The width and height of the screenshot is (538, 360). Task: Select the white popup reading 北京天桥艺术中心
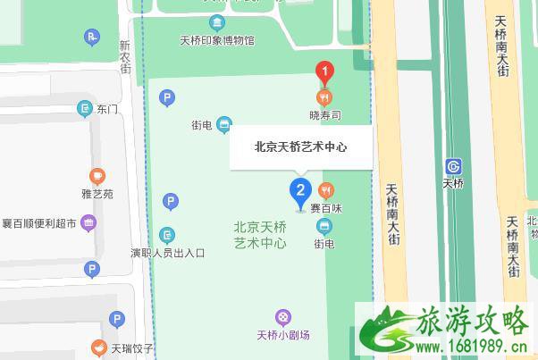click(300, 148)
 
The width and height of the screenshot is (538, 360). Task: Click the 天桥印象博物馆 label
click(217, 40)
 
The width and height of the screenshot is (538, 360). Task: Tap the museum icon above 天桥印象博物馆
click(216, 22)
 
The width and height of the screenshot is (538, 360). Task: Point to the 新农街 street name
click(125, 55)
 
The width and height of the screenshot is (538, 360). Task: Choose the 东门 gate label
click(107, 110)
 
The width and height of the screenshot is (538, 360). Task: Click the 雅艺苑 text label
click(97, 193)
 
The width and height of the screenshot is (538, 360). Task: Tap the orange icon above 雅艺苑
click(97, 176)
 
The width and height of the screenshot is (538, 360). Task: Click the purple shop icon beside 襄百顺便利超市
click(88, 222)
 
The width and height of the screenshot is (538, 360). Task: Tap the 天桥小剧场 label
click(282, 335)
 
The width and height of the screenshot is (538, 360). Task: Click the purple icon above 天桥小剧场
click(282, 316)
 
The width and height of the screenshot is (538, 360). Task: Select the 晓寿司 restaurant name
click(325, 115)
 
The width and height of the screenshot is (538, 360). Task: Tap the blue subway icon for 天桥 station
click(454, 166)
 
